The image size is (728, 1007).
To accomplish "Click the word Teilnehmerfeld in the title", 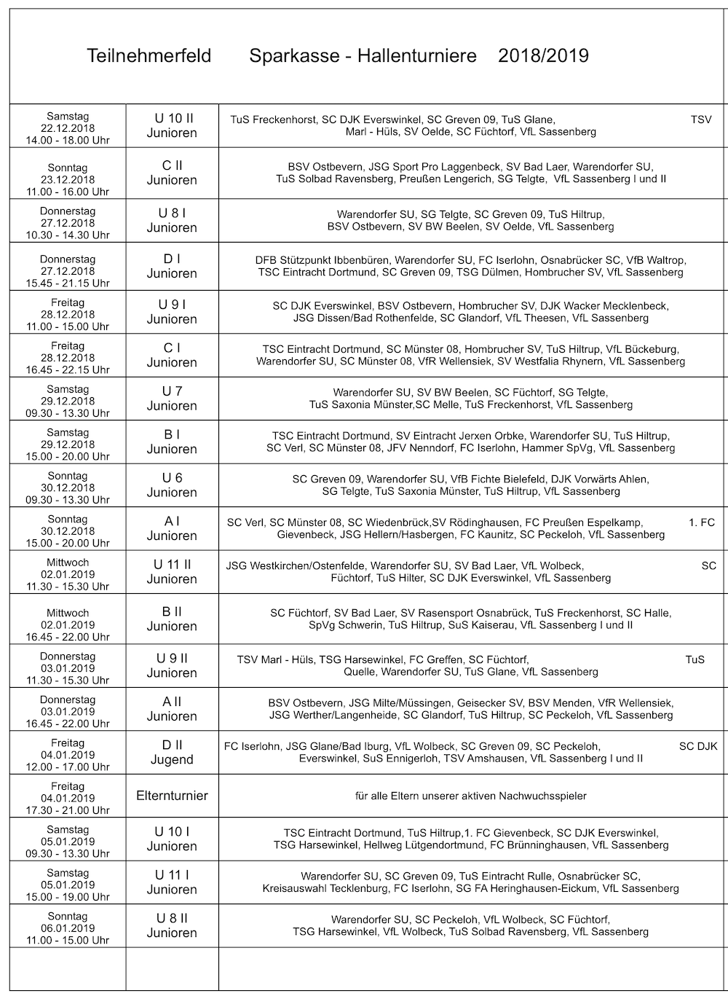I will tap(149, 56).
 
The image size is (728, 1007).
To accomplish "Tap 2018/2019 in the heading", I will tap(543, 56).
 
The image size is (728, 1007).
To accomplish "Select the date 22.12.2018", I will tap(68, 128).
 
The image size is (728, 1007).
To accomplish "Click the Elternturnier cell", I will tap(172, 796).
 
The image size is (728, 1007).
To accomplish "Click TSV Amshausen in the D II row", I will tap(483, 759).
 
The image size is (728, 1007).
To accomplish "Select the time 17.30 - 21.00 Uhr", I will tap(68, 810).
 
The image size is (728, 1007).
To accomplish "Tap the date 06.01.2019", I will tap(68, 928).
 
